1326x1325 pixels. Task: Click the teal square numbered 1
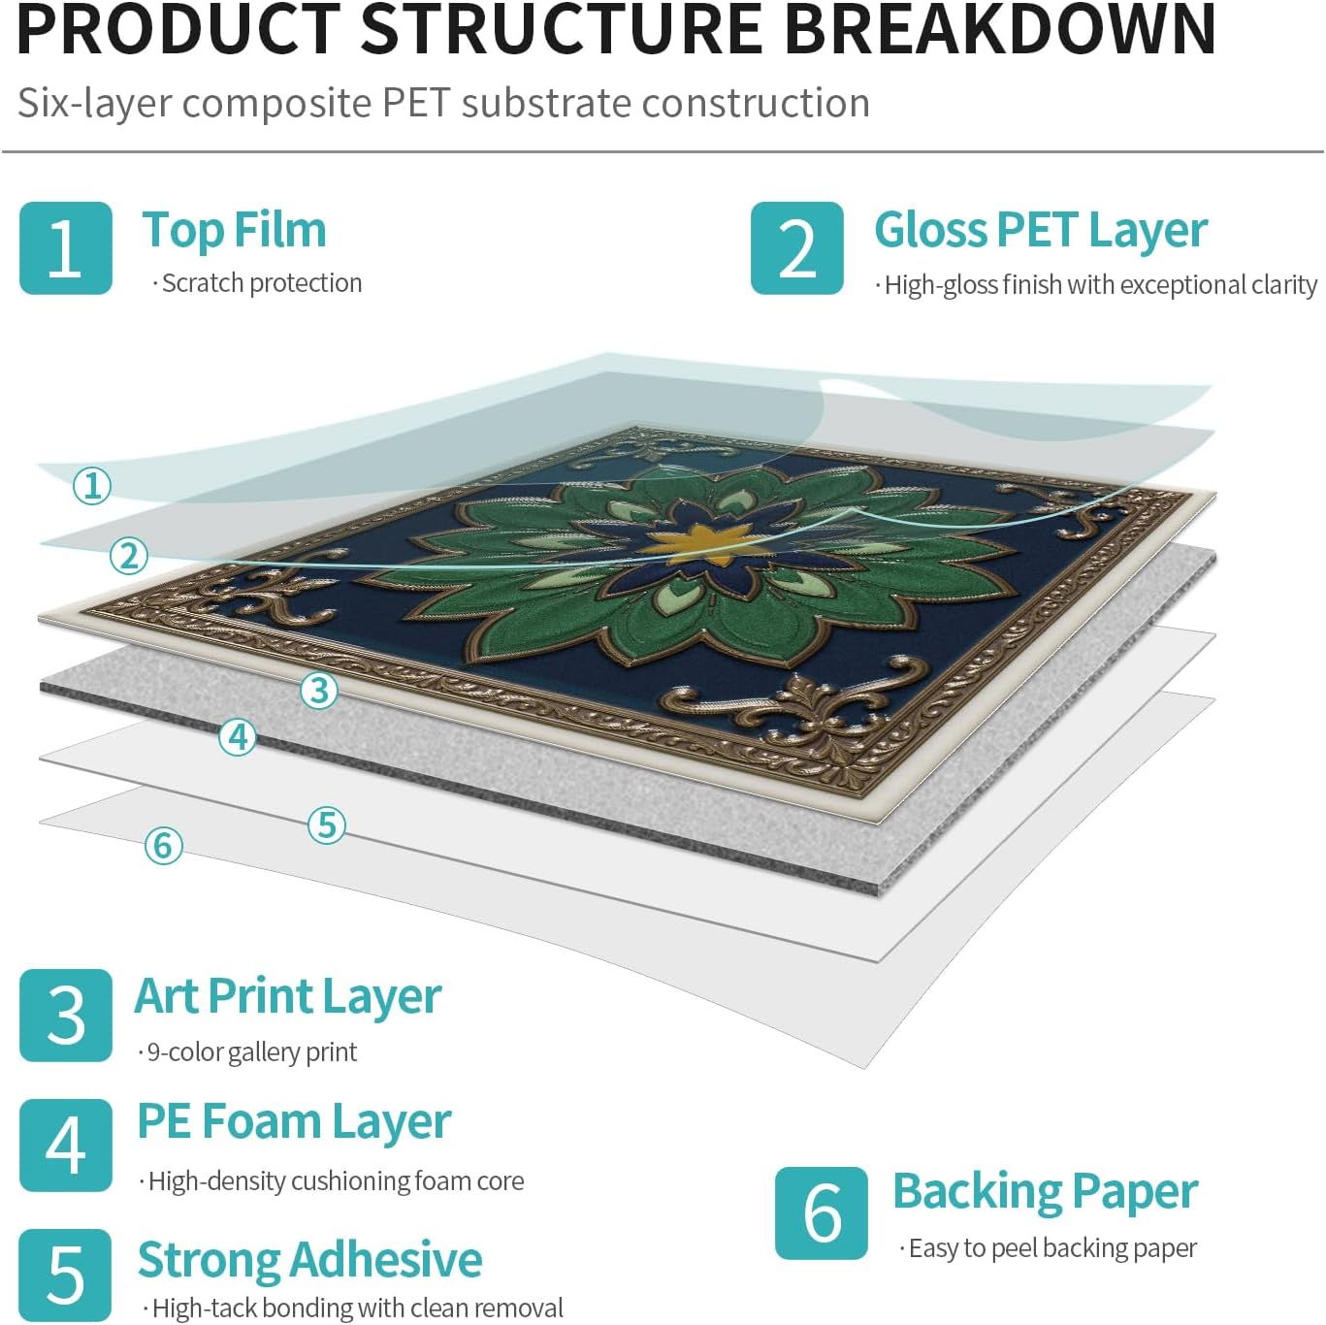point(65,247)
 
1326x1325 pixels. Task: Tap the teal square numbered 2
point(796,247)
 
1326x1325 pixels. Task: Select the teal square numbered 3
point(65,1015)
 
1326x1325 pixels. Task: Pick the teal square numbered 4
point(65,1145)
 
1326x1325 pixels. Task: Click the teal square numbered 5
point(65,1275)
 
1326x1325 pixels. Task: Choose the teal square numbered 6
point(821,1212)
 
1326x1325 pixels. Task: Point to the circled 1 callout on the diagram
point(92,486)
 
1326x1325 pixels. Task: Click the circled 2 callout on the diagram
point(129,556)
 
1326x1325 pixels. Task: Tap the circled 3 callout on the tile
point(319,690)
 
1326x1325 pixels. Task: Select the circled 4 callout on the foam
point(238,737)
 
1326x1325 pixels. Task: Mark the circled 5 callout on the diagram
point(327,825)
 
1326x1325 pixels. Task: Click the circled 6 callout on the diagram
point(164,845)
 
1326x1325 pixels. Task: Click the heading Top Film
point(234,230)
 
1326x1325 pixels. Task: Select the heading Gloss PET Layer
point(1041,232)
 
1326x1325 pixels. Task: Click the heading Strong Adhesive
point(310,1261)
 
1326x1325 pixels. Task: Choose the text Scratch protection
point(257,283)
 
